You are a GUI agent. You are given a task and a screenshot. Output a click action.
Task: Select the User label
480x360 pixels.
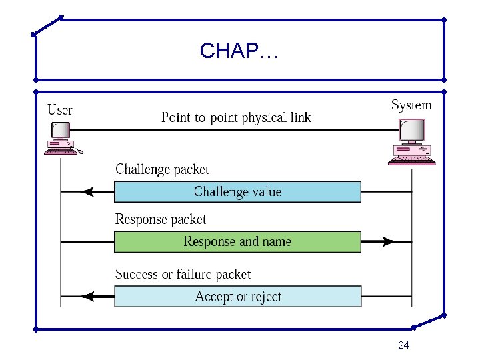click(60, 109)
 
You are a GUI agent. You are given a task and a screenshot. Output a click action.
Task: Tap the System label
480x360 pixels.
click(411, 105)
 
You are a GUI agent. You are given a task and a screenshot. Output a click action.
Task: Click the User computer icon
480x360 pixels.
click(61, 140)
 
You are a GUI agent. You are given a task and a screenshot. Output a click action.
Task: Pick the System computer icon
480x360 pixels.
click(412, 141)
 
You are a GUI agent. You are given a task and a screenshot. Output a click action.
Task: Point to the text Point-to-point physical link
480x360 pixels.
click(236, 118)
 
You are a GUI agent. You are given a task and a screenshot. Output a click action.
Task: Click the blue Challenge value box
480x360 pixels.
click(237, 192)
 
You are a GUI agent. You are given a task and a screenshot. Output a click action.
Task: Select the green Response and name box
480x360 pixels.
click(237, 241)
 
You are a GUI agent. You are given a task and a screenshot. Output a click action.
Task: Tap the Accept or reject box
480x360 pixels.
click(237, 296)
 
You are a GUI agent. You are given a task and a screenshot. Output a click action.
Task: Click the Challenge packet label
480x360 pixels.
click(162, 170)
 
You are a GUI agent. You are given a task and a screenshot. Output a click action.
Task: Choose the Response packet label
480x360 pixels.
click(161, 219)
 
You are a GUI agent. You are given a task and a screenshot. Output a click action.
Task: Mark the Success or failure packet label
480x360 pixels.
click(183, 274)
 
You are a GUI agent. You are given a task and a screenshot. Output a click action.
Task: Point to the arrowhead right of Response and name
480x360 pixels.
click(388, 241)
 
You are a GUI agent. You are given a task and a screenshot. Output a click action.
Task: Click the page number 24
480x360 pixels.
click(403, 345)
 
